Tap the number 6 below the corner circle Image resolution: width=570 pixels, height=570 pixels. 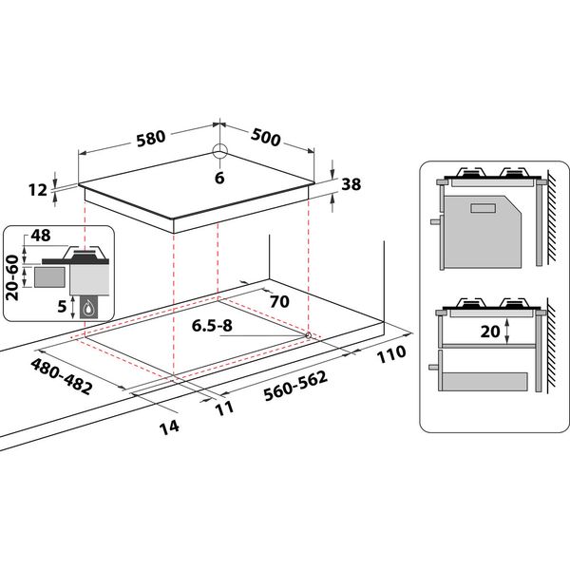tap(219, 178)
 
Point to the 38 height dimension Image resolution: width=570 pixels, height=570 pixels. tap(351, 185)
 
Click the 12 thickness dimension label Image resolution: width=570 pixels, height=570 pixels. tap(38, 190)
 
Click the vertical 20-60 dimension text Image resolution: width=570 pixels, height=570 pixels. tap(13, 276)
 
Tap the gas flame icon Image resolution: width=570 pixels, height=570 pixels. tap(88, 307)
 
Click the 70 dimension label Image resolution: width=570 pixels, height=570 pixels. tap(278, 302)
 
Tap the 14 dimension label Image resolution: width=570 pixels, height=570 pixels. tap(169, 427)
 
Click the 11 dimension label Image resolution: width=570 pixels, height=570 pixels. tap(224, 408)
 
